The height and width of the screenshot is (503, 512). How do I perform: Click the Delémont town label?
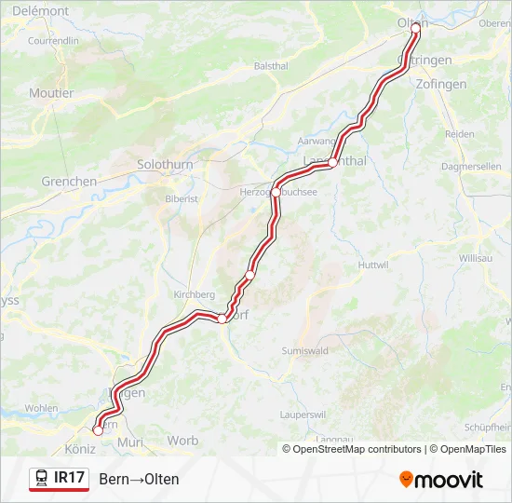41,11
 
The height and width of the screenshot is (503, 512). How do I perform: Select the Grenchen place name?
69,182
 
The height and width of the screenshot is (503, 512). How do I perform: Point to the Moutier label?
51,93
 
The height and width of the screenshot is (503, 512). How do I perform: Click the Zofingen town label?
470,84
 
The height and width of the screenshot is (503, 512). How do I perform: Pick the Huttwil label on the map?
372,265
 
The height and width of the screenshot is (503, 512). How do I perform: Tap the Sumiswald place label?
305,350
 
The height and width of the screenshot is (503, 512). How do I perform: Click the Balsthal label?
271,66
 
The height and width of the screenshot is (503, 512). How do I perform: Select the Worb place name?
182,440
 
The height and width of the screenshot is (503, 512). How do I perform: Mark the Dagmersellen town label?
471,165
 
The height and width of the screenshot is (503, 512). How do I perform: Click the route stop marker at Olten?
415,28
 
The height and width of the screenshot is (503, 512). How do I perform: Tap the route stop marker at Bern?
98,430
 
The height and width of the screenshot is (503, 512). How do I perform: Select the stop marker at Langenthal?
332,163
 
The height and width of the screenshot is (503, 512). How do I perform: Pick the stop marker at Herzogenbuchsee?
276,192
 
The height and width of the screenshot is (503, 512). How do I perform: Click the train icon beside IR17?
42,479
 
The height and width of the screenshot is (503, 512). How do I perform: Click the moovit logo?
441,480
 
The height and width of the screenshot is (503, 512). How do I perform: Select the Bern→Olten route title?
139,479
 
